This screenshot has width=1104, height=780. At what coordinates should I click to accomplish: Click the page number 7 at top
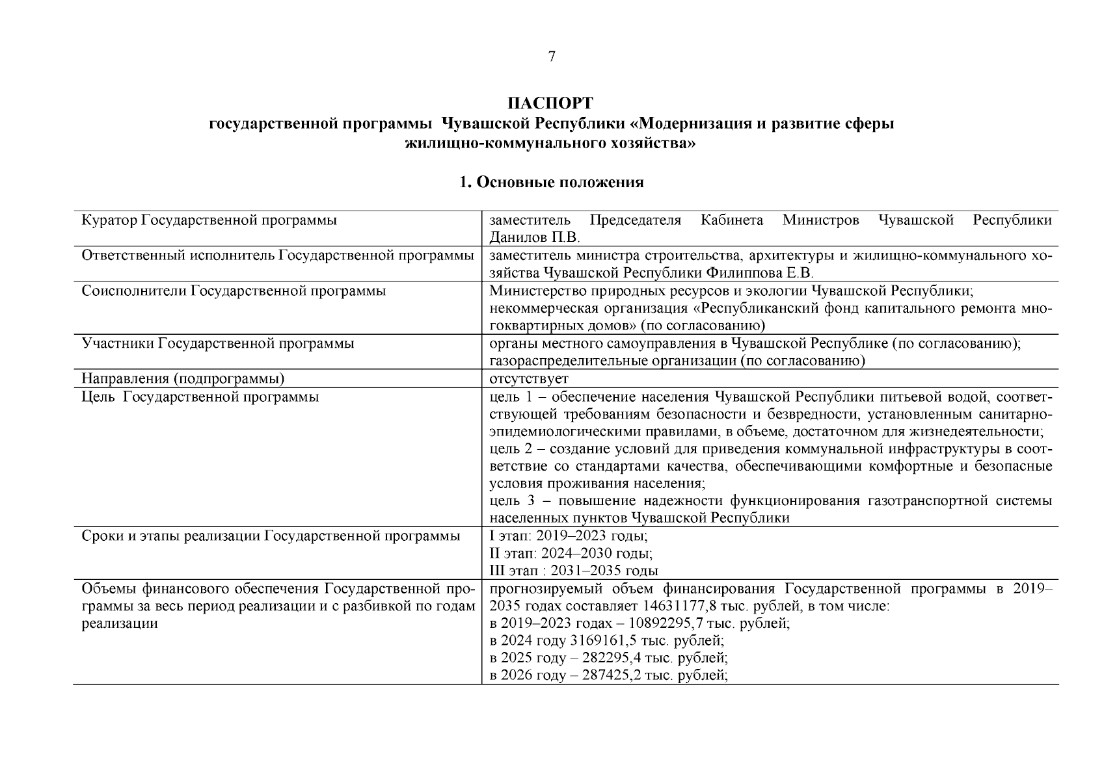pos(552,57)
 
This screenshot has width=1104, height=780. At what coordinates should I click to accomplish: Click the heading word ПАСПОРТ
pos(550,104)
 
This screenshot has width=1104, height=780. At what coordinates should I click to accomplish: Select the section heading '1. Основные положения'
pos(551,183)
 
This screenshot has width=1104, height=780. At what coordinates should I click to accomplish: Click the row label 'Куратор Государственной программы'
pos(209,220)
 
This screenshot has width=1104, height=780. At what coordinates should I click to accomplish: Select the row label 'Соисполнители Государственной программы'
pos(234,291)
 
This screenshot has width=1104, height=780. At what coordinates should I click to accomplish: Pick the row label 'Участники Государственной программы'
pos(218,343)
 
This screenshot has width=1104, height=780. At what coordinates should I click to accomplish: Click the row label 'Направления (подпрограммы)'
pos(183,378)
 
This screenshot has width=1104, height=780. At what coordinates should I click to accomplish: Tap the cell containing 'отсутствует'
pos(529,378)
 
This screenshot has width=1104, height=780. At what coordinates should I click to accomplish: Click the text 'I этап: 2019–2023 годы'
pos(568,536)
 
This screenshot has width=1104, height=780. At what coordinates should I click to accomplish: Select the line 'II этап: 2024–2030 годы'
pos(571,554)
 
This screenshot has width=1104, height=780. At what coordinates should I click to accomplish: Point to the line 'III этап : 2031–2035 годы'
pos(573,571)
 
